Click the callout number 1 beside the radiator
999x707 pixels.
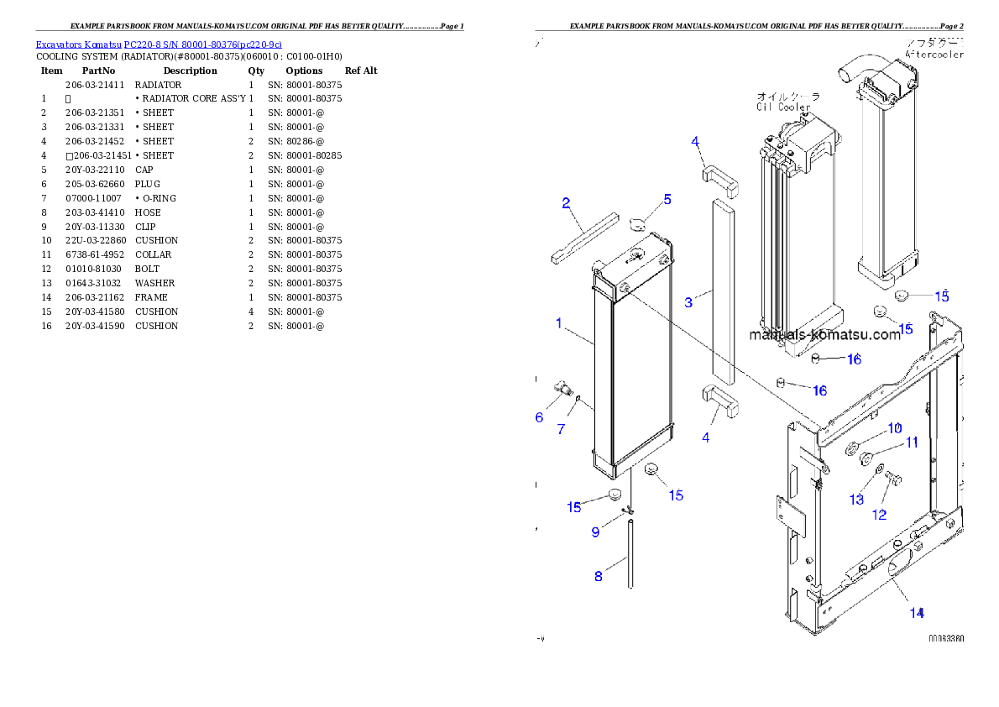point(558,323)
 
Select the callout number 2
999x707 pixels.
point(567,202)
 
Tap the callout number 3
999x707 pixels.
point(688,302)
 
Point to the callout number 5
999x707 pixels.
point(667,199)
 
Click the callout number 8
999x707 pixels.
point(599,576)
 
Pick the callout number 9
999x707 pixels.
point(595,532)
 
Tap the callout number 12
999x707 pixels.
point(879,515)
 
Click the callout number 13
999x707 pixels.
point(856,500)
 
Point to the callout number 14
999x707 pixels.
point(918,613)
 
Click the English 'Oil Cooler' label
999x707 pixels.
point(783,107)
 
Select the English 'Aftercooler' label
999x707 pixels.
point(934,55)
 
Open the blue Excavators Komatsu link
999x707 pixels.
point(159,44)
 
